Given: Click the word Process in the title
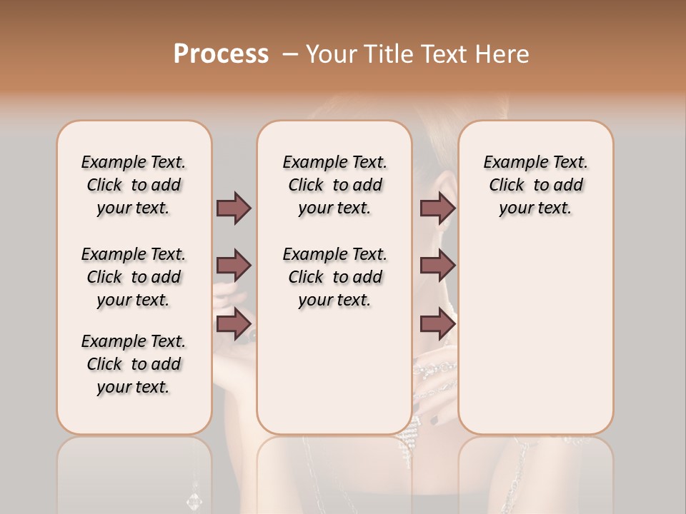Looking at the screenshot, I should coord(221,54).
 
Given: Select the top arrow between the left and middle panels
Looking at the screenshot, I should coord(234,208).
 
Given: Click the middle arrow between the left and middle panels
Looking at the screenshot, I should coord(234,266).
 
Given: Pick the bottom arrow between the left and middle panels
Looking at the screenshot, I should coord(234,324).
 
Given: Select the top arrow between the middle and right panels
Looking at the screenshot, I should coord(437,208).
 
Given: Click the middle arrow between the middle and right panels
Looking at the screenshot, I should coord(437,266).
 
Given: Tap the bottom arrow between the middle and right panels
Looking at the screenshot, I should coord(437,324).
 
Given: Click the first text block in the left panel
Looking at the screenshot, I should coord(134,185).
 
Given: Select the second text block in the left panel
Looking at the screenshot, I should coord(134,277).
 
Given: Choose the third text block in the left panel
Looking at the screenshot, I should coord(134,364).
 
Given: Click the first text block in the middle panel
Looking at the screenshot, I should coord(334,185).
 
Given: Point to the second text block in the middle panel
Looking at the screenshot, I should coord(334,277).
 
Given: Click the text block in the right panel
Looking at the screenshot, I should coord(535,185).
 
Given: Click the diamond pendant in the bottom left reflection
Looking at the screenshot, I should coord(194,500).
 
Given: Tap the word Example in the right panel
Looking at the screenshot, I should coord(510,163).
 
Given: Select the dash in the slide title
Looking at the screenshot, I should coord(290,54).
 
